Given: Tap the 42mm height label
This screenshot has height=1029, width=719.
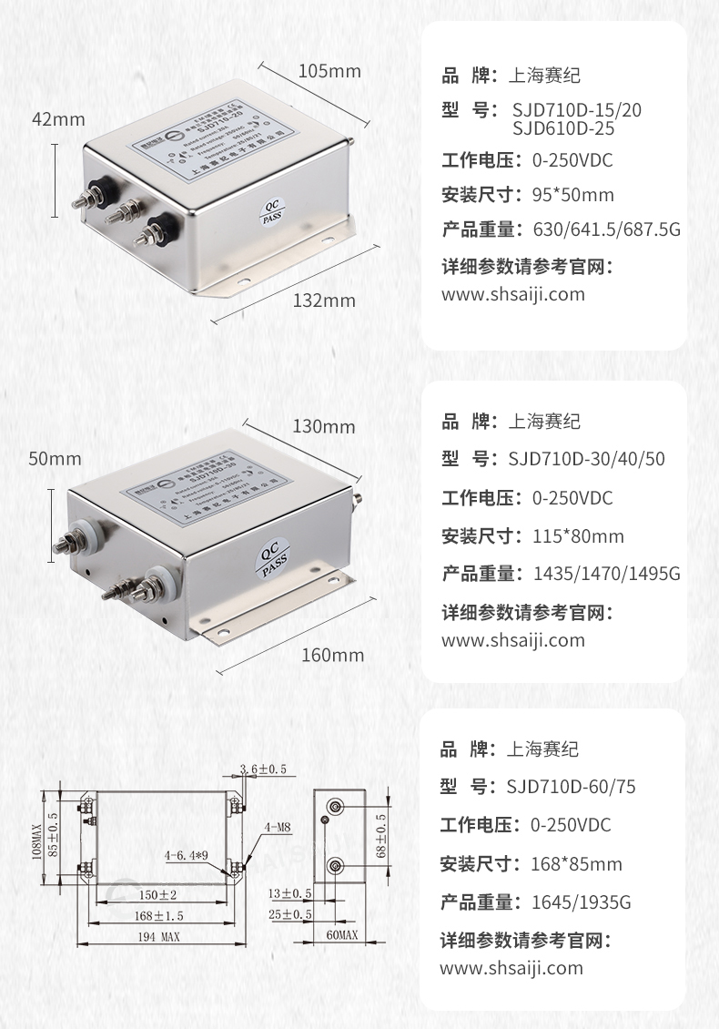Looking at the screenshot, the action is pos(57,119).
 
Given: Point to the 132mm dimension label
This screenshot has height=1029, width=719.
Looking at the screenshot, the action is pos(324,301).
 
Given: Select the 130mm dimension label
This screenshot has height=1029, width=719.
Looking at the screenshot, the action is pos(324,426).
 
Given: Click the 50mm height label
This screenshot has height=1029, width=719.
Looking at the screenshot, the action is pos(55,459).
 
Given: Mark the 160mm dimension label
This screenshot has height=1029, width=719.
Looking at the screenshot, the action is pos(332,655).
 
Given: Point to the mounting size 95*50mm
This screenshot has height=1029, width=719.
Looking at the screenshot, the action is pos(572,195).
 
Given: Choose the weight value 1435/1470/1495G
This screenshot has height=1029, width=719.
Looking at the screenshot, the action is pos(601,575).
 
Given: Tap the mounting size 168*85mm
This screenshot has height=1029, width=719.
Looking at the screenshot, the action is pos(576,864).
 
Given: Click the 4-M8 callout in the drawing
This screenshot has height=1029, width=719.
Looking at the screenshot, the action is pos(278,828).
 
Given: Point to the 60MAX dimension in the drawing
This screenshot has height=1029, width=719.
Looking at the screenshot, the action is pos(341,935).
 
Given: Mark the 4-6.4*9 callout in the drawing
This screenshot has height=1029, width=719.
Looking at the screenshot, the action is pos(187,856).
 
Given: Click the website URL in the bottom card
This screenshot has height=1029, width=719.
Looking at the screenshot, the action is pos(511,968).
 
